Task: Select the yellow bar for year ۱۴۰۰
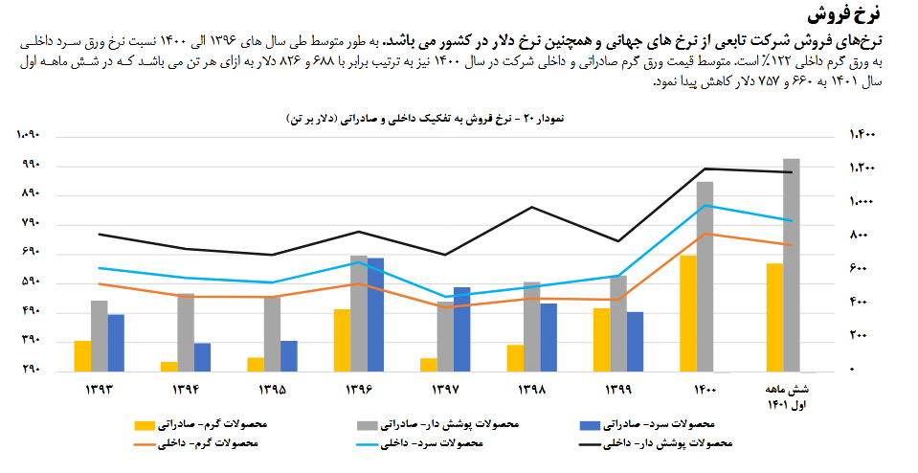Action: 687,313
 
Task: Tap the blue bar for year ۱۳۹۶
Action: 375,314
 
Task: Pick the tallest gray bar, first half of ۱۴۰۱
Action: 791,265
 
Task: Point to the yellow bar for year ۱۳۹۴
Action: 168,366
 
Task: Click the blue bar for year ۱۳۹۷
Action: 461,328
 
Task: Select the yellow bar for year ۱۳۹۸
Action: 515,357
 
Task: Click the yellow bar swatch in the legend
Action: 145,424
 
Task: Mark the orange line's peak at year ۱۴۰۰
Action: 705,234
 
